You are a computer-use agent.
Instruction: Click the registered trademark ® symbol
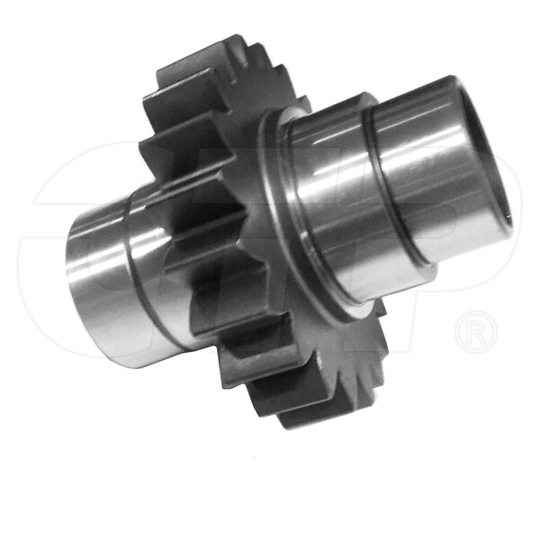(x=476, y=330)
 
